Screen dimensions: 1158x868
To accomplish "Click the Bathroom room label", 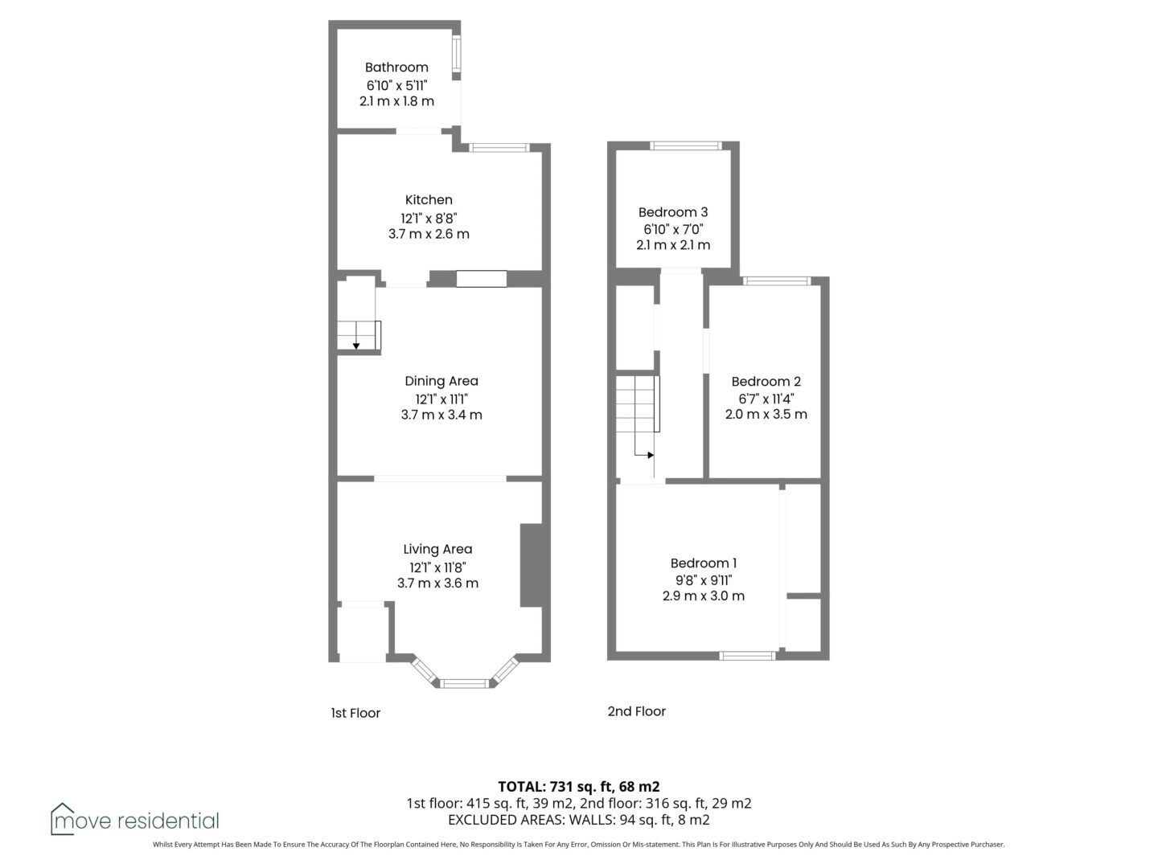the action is (x=396, y=68).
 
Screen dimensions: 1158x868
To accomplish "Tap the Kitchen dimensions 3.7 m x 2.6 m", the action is (x=429, y=234).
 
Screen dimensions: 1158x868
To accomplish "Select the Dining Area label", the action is (x=441, y=381).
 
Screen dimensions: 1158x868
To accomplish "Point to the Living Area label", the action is (x=437, y=549).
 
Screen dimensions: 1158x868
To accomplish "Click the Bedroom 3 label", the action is (x=673, y=212).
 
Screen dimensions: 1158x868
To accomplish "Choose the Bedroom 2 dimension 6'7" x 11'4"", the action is (x=766, y=399).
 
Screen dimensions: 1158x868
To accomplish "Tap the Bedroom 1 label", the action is (x=703, y=563).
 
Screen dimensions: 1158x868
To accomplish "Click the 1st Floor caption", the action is (x=355, y=713).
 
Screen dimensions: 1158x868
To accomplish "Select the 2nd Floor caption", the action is (x=637, y=711).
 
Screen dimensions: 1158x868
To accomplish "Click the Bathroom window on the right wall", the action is (x=456, y=55).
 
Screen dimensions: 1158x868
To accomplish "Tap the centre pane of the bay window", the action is (x=464, y=683).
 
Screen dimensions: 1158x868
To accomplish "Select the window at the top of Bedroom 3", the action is (x=686, y=146).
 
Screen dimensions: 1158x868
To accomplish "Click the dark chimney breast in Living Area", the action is (x=532, y=565).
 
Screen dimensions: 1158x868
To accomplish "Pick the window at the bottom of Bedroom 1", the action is (x=748, y=656).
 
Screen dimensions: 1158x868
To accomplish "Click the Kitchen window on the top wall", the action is (x=499, y=148).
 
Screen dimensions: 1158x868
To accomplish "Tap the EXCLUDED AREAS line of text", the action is (x=579, y=820).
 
